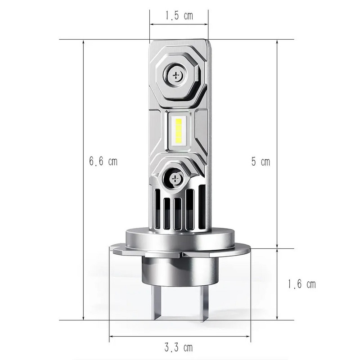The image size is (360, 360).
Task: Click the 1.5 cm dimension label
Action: click(179, 16)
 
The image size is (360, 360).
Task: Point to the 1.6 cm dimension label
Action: click(301, 284)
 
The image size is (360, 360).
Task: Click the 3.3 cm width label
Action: click(179, 347)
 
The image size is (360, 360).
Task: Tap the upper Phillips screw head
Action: click(175, 74)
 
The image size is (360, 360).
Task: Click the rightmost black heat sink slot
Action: click(202, 207)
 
